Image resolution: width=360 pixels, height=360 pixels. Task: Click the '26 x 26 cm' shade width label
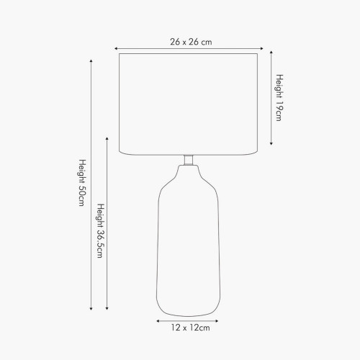click(191, 42)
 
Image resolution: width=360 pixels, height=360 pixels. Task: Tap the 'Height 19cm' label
click(279, 98)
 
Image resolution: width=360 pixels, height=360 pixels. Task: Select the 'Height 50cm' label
click(82, 183)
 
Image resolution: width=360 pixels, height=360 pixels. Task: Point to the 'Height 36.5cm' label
click(101, 231)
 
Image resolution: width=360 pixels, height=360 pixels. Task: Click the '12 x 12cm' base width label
click(191, 328)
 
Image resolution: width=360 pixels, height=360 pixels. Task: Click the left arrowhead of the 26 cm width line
click(116, 48)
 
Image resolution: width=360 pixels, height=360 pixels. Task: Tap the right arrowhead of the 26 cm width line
click(262, 48)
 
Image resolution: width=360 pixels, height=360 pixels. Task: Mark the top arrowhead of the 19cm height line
click(271, 52)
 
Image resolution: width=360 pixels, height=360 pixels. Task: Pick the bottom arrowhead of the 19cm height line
click(271, 143)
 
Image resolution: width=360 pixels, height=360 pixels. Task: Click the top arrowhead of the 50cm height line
click(91, 60)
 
